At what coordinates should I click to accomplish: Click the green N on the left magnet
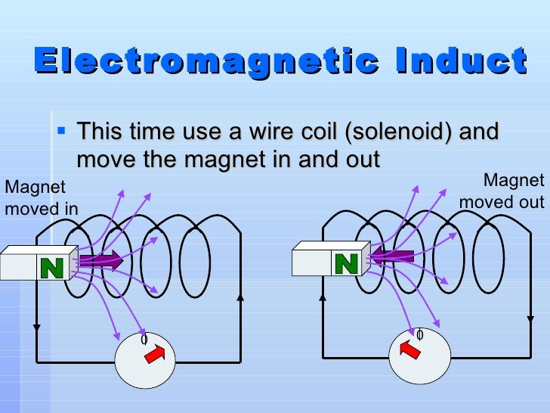(x=52, y=266)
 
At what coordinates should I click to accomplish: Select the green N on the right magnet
(x=345, y=263)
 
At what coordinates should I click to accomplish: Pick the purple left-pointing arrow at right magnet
(x=393, y=258)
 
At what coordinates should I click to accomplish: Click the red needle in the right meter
(x=409, y=349)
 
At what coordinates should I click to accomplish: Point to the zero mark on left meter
(x=144, y=339)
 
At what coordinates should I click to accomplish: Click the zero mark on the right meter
(x=419, y=334)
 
